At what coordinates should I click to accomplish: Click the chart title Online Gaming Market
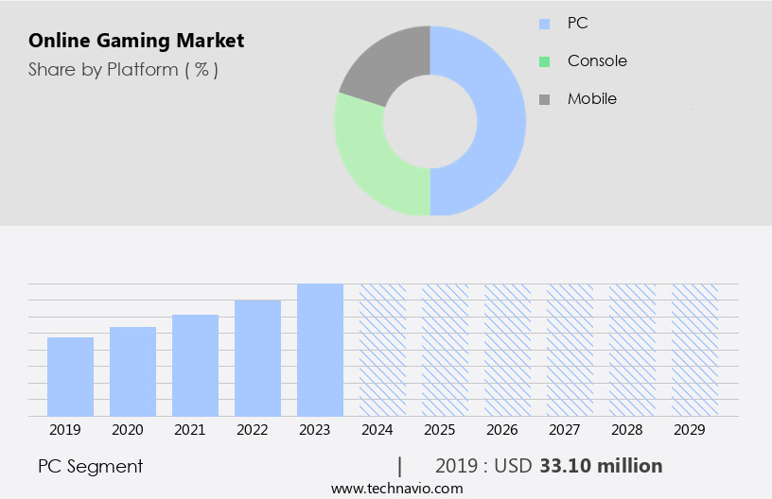click(x=136, y=41)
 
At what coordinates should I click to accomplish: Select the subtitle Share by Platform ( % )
click(x=123, y=69)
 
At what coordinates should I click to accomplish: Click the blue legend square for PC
click(x=544, y=24)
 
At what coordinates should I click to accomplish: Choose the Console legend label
click(x=597, y=60)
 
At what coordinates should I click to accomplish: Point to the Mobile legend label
click(x=592, y=98)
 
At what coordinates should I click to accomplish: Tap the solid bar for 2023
click(x=320, y=350)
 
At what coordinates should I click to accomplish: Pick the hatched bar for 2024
click(x=382, y=350)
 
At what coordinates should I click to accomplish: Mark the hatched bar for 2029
click(x=694, y=350)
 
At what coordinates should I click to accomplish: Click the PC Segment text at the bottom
click(x=91, y=466)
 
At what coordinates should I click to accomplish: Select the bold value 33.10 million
click(x=601, y=466)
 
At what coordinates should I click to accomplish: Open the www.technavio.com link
click(x=397, y=489)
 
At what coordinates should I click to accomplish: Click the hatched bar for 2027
click(x=570, y=350)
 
